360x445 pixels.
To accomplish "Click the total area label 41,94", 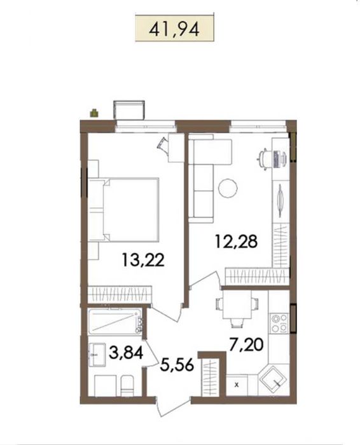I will click(171, 29).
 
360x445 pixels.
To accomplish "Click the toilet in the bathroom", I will click(126, 385).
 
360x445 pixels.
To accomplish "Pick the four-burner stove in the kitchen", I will click(279, 324).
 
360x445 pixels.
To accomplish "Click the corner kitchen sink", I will click(275, 378).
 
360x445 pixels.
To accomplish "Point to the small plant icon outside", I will click(94, 114).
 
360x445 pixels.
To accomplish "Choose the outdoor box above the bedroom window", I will click(129, 110).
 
